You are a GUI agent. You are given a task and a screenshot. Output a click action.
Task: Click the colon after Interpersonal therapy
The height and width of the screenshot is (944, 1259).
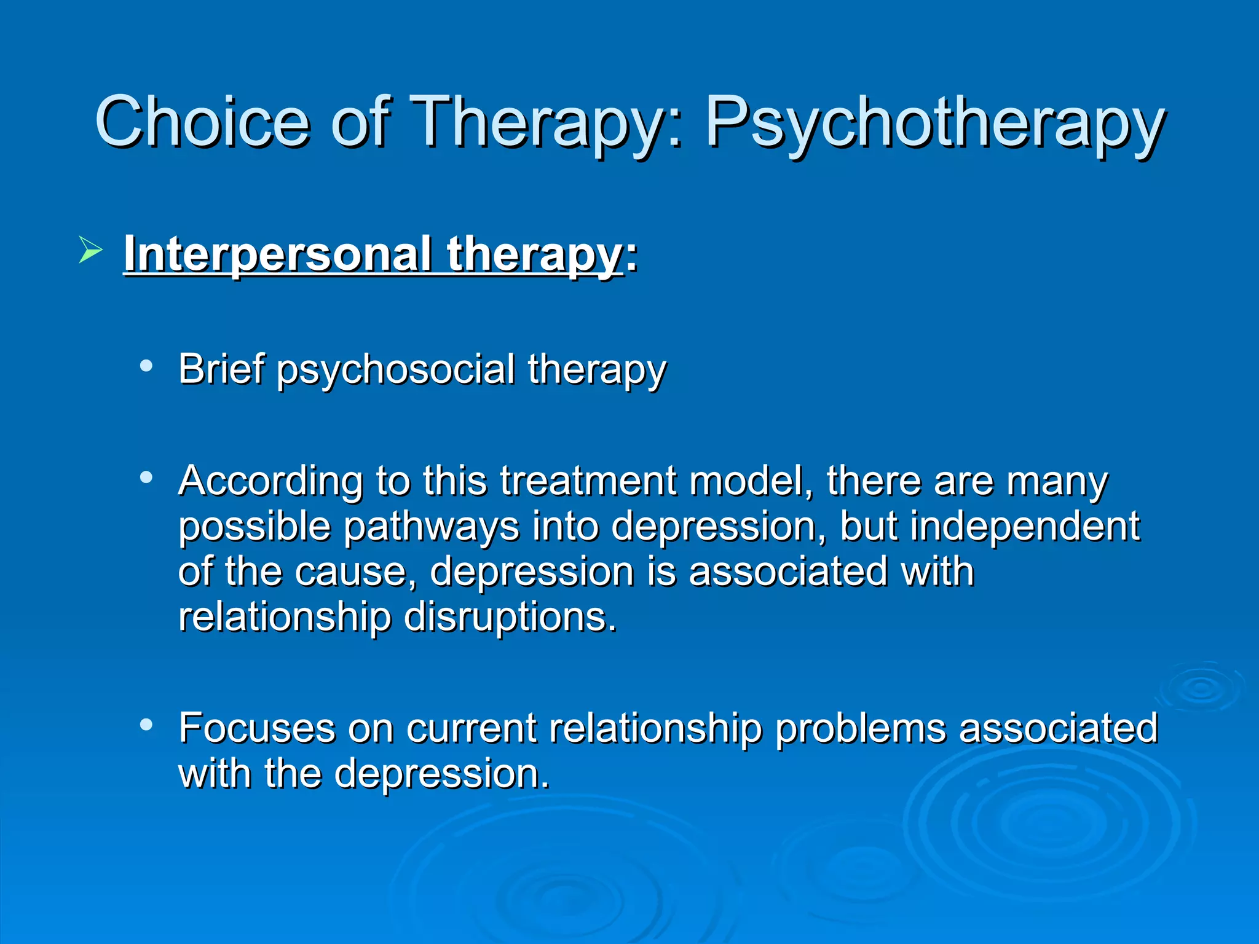tap(631, 256)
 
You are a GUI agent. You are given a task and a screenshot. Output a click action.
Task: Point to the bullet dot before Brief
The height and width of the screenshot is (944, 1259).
tap(146, 366)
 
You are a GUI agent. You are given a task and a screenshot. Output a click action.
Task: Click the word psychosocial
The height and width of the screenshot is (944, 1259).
tap(395, 369)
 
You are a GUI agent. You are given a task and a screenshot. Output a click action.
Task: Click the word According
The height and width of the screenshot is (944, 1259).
tap(270, 481)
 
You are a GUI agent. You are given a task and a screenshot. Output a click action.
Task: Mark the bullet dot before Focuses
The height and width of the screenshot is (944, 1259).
tap(146, 725)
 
